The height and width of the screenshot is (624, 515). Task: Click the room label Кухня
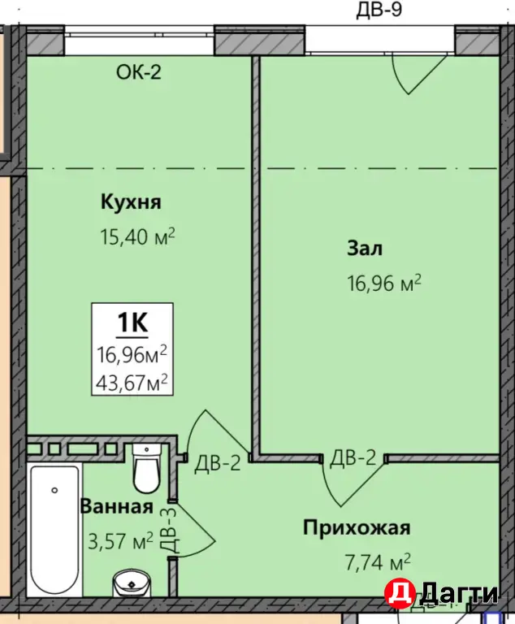[131, 201]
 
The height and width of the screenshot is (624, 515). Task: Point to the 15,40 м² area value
[137, 237]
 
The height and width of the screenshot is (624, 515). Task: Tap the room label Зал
[366, 248]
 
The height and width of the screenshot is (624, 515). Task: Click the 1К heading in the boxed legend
[132, 323]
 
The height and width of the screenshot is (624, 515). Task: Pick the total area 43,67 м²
[132, 379]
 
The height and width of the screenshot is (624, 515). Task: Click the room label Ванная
[116, 507]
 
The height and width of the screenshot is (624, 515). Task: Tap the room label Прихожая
[357, 528]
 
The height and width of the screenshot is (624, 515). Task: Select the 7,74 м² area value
[374, 561]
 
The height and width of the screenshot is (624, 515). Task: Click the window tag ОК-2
[140, 72]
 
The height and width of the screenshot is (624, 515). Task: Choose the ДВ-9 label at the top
[379, 11]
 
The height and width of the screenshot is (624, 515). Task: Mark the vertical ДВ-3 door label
[168, 530]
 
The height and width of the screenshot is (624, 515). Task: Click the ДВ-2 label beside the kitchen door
[217, 464]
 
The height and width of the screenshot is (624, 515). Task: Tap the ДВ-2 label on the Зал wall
[353, 457]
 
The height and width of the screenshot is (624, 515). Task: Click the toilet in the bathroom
[147, 470]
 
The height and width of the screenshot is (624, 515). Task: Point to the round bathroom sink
[131, 583]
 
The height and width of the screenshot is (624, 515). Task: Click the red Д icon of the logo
[398, 592]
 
